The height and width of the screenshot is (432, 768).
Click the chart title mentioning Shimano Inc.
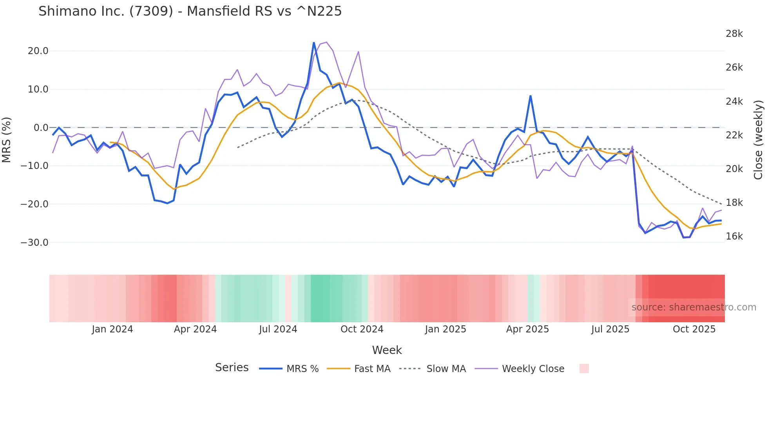pos(190,11)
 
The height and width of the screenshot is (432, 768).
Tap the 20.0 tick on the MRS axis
pos(38,51)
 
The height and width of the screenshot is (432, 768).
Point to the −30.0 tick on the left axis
pos(34,242)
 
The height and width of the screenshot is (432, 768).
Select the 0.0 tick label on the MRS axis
pos(41,127)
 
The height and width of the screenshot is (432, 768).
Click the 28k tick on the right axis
pos(734,34)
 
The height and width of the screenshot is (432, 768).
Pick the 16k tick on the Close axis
pos(734,236)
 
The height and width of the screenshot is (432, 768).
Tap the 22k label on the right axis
pos(734,135)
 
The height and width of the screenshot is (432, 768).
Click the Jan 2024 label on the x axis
pos(112,329)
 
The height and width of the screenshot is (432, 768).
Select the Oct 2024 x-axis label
pos(362,329)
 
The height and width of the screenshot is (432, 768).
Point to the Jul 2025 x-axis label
pos(610,329)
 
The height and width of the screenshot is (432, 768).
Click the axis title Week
pos(387,350)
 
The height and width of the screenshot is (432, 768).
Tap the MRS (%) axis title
pos(6,140)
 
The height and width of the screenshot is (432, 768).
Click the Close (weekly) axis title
pos(758,140)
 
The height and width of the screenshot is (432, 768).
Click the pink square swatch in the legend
pos(584,368)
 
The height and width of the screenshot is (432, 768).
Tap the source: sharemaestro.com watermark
pos(694,307)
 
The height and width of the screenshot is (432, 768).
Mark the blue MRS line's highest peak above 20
pos(314,43)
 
